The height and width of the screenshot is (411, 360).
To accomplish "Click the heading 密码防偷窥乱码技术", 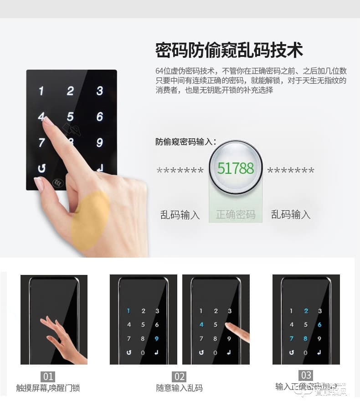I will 229,51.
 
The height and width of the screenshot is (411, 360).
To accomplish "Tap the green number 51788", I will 236,168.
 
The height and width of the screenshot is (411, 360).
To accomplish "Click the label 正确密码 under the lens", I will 236,214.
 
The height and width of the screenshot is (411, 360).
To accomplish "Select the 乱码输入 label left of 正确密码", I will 180,215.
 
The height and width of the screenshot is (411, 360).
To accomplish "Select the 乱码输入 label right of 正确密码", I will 291,214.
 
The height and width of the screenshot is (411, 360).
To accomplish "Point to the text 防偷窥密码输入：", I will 186,142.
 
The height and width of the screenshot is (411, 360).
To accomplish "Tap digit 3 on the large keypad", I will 100,91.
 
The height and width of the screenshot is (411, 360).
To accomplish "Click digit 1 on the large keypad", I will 41,91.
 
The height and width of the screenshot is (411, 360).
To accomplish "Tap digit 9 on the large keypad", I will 100,142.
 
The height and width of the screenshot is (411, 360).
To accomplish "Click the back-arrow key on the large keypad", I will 41,168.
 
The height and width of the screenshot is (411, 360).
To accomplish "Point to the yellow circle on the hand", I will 90,220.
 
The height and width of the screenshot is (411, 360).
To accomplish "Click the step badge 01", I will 48,377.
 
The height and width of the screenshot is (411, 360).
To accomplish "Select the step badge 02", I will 180,377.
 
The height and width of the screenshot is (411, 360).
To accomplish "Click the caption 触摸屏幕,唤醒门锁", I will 48,388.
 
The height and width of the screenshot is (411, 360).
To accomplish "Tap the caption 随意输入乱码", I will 180,388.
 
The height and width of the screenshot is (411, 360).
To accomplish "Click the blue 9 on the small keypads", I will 157,339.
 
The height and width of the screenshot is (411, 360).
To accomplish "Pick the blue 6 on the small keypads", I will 319,325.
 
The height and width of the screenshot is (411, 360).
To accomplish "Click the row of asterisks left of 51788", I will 180,172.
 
